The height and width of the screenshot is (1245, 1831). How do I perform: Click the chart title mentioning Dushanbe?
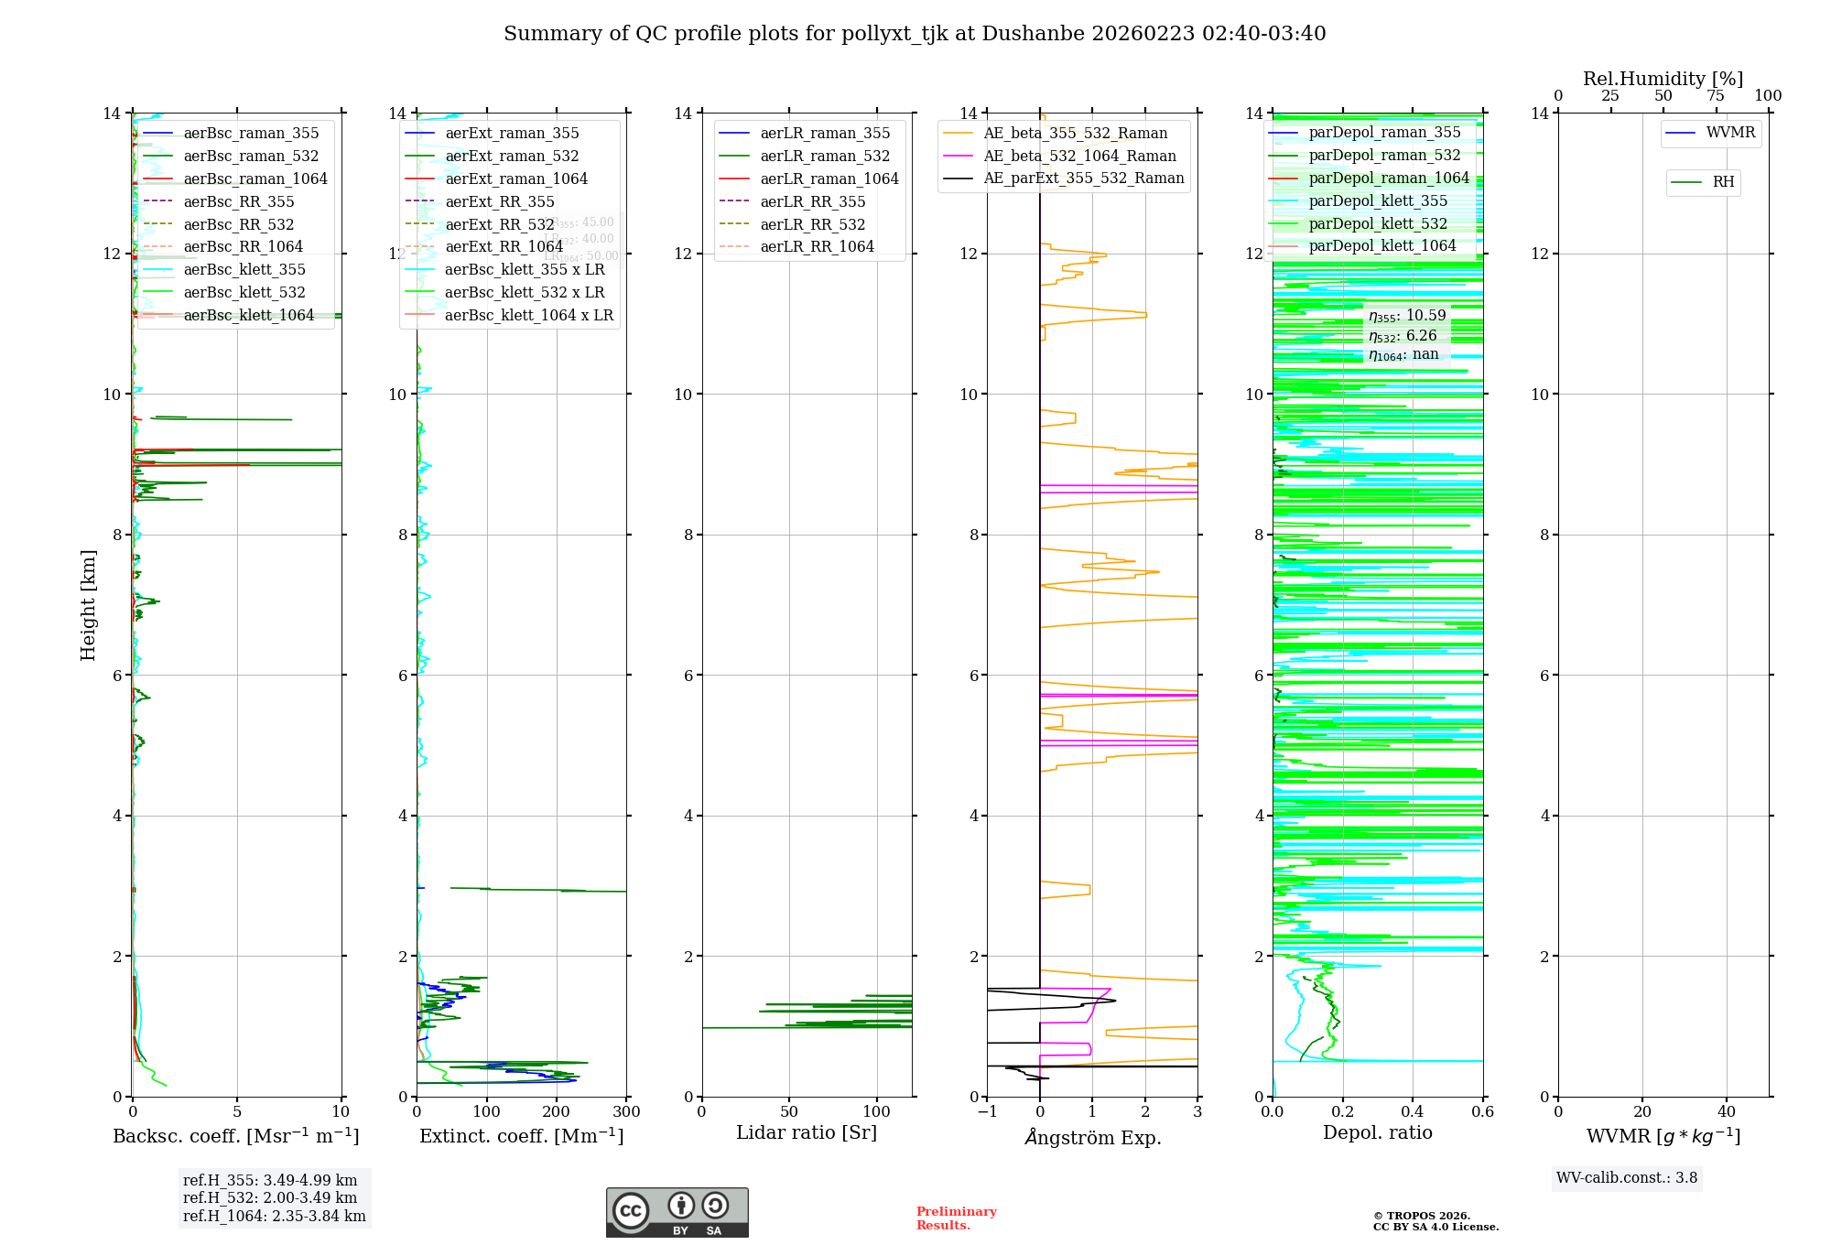915,34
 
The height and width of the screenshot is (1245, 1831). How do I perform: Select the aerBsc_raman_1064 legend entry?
255,179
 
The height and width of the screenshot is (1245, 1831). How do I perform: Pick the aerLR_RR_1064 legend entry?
817,246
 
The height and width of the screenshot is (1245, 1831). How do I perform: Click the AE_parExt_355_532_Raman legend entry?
1083,178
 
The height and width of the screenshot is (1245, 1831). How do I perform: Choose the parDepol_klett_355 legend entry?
1378,200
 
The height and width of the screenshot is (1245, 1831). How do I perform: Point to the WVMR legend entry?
1730,133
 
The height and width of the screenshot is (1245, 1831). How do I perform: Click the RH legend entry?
1723,182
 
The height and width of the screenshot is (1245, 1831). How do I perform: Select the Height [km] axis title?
88,605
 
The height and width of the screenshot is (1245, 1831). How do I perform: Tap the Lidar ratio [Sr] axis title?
807,1132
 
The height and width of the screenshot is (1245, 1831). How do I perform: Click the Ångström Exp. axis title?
1092,1137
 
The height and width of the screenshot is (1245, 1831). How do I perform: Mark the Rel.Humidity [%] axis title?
1663,79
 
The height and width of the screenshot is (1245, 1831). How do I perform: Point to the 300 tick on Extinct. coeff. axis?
626,1112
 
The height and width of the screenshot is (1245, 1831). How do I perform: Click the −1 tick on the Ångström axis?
987,1112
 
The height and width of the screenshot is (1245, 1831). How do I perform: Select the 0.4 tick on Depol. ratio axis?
1413,1112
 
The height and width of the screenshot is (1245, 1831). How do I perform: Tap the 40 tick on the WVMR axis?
1727,1112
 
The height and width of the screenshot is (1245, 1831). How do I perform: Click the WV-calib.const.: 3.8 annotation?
1627,1178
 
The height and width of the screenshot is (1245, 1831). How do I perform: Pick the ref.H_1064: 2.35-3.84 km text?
274,1216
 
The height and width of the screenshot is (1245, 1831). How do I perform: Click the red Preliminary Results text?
956,1218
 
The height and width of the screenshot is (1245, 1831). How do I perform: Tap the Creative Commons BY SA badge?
677,1212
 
